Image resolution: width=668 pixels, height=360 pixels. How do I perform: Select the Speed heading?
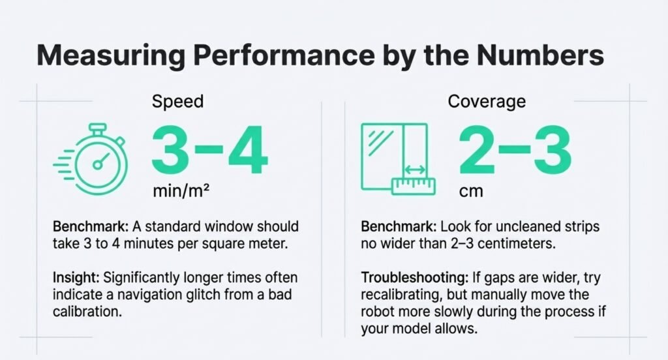177,102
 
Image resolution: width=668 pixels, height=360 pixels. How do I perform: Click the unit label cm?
468,194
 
